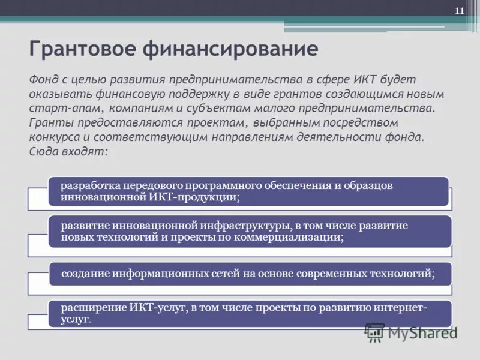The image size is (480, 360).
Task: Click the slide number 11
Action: (459, 11)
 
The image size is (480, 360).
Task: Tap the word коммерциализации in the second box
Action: (298, 237)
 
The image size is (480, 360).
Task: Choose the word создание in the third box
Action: (85, 273)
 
